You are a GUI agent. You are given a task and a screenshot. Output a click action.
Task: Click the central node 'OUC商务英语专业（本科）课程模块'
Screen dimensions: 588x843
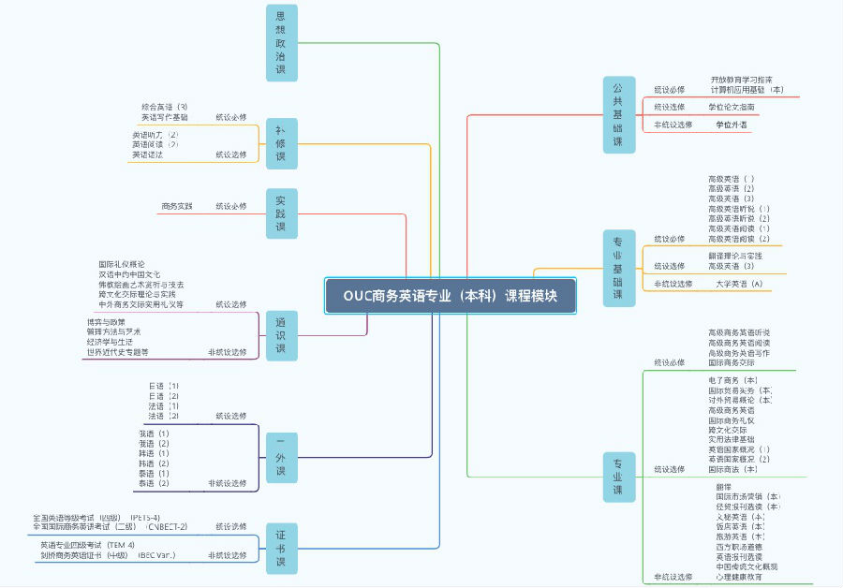pos(451,296)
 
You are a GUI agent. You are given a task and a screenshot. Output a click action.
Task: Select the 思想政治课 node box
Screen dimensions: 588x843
pos(281,43)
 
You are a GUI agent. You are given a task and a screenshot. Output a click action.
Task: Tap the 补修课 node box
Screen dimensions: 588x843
pos(281,143)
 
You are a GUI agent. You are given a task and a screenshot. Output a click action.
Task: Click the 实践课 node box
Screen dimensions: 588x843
pos(281,214)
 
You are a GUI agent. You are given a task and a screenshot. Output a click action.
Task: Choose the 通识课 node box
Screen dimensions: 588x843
pos(281,335)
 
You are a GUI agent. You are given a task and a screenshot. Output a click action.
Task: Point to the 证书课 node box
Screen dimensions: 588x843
pos(281,548)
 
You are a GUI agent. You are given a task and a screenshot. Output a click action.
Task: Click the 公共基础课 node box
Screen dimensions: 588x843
pos(618,113)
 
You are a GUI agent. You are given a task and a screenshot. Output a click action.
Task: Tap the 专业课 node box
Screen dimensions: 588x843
pos(618,478)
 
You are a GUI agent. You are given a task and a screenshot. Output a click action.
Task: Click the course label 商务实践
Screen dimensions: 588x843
pos(177,206)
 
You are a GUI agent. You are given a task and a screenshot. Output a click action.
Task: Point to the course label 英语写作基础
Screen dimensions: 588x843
pos(165,118)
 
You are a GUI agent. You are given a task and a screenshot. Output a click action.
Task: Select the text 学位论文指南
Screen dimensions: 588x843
pos(732,108)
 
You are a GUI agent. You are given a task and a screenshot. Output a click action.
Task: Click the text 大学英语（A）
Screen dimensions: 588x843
pos(739,284)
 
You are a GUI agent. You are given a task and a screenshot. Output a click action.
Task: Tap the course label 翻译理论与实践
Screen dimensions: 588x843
pos(735,256)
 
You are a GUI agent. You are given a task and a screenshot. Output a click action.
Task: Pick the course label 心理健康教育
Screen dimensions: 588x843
pos(739,577)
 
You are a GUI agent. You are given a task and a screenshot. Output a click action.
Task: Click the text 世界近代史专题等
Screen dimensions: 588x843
pos(117,352)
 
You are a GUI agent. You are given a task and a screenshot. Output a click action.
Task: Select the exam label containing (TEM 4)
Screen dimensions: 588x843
pos(87,545)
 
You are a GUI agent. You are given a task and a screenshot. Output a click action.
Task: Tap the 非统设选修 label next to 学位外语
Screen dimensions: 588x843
pos(673,125)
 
